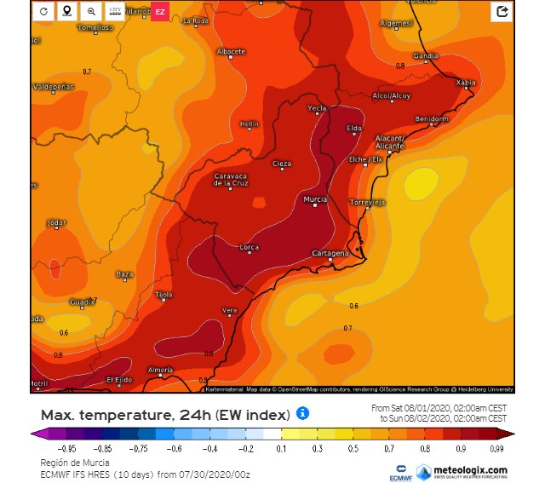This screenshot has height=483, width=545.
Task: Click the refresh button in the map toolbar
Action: (43, 12)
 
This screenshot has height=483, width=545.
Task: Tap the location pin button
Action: (67, 12)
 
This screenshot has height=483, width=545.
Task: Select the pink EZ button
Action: (160, 12)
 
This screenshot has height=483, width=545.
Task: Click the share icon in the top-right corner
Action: (502, 12)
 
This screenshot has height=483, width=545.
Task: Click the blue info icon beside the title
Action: (302, 414)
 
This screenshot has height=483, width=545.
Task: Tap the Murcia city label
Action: (316, 199)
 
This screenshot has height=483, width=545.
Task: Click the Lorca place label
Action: (250, 247)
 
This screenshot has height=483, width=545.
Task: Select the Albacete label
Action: (231, 52)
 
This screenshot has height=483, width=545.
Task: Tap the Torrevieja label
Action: (368, 202)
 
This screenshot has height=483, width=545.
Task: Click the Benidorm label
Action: (431, 119)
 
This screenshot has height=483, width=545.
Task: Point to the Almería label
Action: (160, 370)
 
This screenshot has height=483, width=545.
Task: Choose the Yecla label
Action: (317, 108)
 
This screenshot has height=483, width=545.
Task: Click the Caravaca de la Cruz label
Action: (231, 180)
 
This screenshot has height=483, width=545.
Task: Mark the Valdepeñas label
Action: (53, 87)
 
